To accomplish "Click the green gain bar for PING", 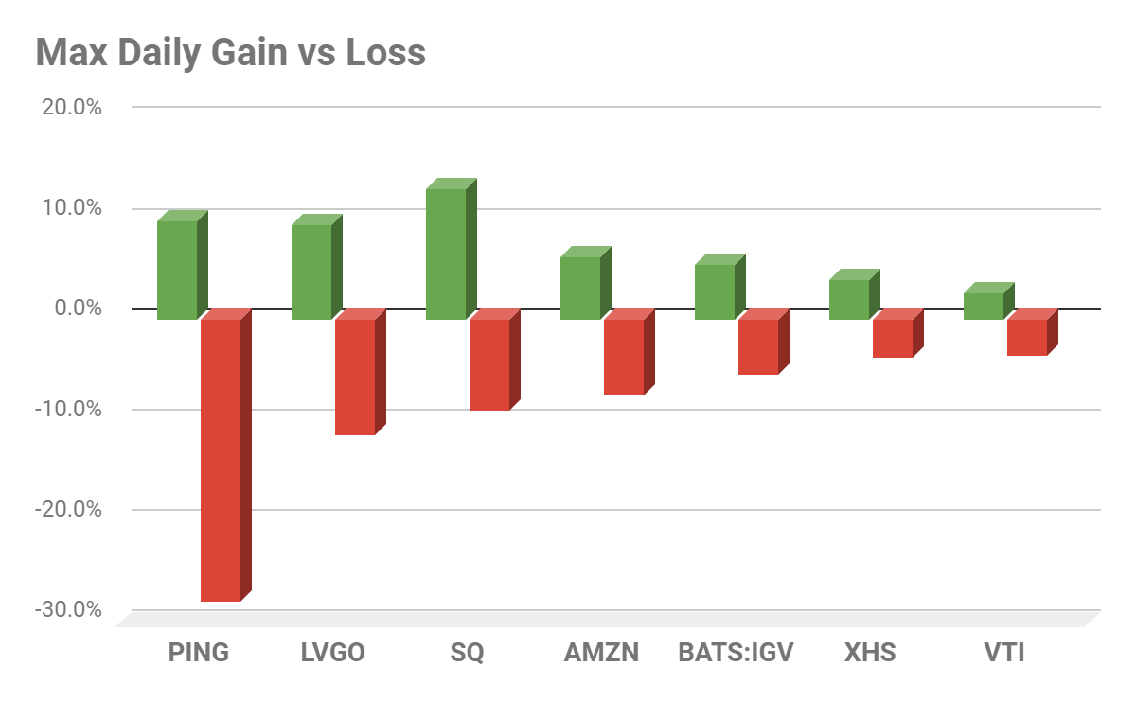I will click(177, 270).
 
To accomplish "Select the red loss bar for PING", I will click(221, 460).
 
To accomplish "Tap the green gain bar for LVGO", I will click(311, 272).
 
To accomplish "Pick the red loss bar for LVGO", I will click(355, 377).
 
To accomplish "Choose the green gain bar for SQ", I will click(446, 254).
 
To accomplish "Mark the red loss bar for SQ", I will click(489, 364).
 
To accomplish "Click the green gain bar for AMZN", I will click(580, 288).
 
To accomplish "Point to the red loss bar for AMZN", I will click(624, 357).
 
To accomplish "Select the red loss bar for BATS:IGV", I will click(758, 346).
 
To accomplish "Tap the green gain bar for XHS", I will click(849, 299).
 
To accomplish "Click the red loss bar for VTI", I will click(1027, 337).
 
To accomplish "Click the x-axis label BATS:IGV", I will click(736, 653).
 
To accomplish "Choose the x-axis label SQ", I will click(468, 653).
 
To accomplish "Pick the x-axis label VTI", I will click(1004, 653).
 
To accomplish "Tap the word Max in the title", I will click(67, 53).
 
